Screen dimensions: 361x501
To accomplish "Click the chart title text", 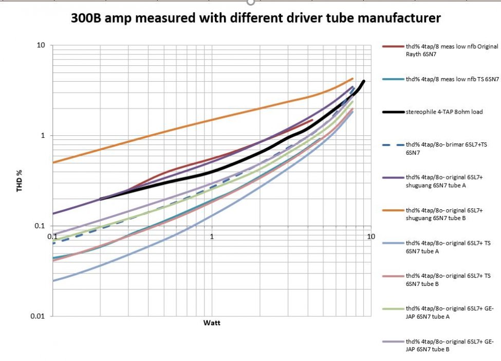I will (256, 19).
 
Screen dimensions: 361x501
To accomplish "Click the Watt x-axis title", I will (212, 323).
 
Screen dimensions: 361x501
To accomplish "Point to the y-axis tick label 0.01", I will (39, 315).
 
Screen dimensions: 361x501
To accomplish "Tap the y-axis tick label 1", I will (43, 136).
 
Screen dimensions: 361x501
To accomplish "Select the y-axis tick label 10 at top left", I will (41, 45).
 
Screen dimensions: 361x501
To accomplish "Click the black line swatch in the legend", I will (393, 112).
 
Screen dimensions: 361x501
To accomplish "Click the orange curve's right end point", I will (353, 79).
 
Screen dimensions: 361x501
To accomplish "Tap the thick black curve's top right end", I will (364, 81).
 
